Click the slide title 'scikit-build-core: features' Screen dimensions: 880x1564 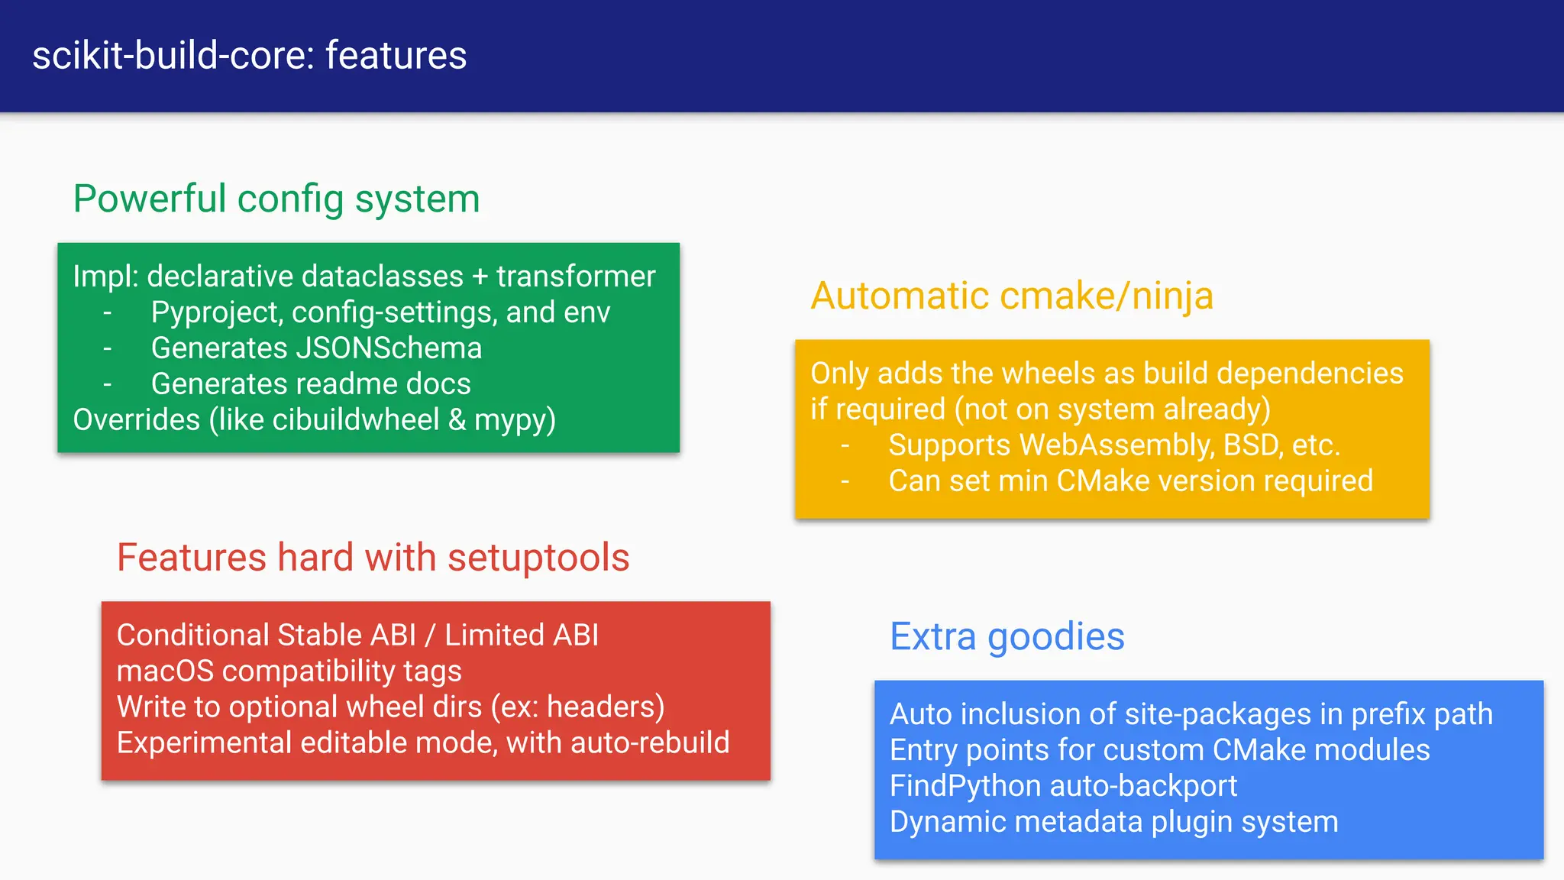pyautogui.click(x=249, y=56)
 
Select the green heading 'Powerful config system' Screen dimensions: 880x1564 pyautogui.click(x=276, y=199)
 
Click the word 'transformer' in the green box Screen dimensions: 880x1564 pyautogui.click(x=576, y=277)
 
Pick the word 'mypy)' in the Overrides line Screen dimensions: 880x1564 pyautogui.click(x=515, y=421)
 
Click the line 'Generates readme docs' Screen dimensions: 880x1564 pyautogui.click(x=311, y=384)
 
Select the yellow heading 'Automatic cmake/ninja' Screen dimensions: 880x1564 pyautogui.click(x=1012, y=296)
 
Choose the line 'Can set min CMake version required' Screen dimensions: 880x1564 pyautogui.click(x=1130, y=481)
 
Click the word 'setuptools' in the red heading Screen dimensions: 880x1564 pyautogui.click(x=538, y=558)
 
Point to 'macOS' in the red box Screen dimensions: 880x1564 pyautogui.click(x=165, y=671)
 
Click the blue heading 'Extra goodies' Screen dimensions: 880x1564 pyautogui.click(x=1007, y=637)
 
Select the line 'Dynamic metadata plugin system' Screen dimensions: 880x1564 pyautogui.click(x=1113, y=823)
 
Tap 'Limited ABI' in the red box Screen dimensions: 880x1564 pyautogui.click(x=522, y=636)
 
